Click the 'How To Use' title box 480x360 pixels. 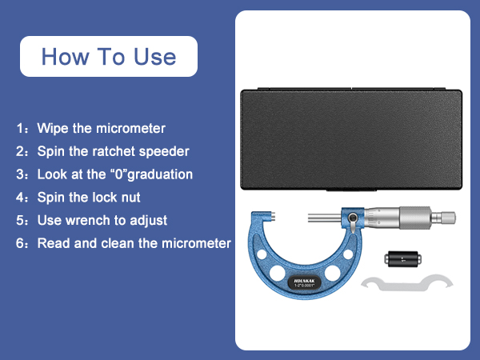(108, 57)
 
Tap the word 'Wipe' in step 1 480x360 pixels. (53, 128)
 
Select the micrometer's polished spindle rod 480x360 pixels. (324, 215)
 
